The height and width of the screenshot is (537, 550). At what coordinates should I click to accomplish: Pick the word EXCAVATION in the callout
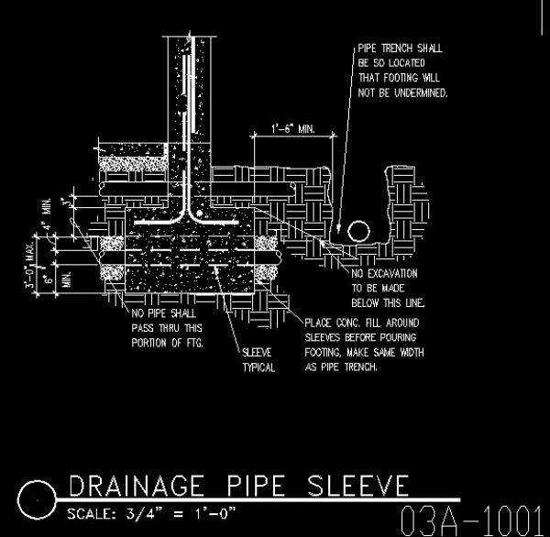tap(394, 274)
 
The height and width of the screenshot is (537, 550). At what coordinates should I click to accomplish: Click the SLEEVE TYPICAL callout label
tap(258, 359)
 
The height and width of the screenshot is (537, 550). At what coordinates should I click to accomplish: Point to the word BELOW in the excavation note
tap(367, 302)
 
